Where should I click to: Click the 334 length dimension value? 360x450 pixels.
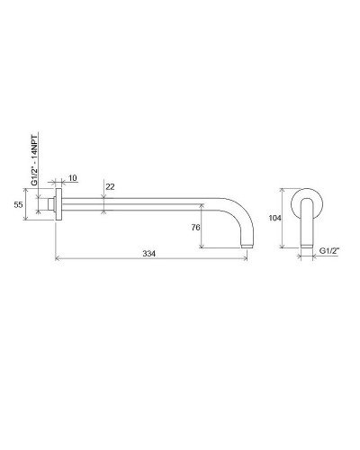[150, 255]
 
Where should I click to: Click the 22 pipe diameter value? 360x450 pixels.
[111, 186]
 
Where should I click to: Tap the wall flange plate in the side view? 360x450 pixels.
[59, 205]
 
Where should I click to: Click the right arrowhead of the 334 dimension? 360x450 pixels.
[247, 261]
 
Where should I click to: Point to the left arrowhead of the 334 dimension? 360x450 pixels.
[58, 261]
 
